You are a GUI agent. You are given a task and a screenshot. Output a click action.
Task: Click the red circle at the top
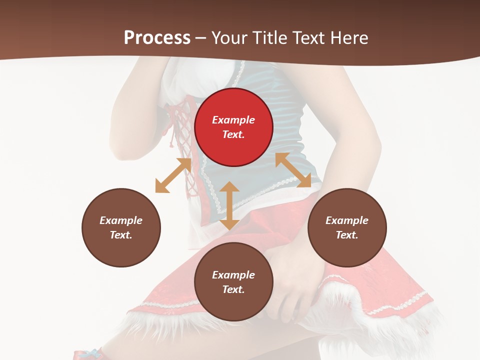[x=233, y=127]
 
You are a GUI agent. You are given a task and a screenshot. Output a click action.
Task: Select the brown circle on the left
[x=121, y=227]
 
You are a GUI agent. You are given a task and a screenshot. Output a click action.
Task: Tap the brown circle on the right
[x=347, y=227]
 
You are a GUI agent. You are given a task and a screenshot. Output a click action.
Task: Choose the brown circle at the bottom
[x=233, y=282]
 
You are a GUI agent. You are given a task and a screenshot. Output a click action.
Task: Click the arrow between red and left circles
[x=173, y=175]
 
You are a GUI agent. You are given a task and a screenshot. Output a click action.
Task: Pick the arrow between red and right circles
[x=293, y=170]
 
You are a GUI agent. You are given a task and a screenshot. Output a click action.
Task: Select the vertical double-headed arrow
[x=229, y=205]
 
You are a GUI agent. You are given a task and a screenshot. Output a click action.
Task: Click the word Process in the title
[x=157, y=37]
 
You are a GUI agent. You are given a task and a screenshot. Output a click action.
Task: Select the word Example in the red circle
[x=233, y=120]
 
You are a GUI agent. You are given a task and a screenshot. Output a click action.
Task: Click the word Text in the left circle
[x=121, y=235]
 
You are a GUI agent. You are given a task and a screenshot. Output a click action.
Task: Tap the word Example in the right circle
[x=347, y=220]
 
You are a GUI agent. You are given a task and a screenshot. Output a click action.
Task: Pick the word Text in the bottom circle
[x=233, y=289]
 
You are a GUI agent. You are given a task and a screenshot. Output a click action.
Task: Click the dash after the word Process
[x=201, y=38]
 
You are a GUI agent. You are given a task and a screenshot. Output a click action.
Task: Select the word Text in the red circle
[x=233, y=134]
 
